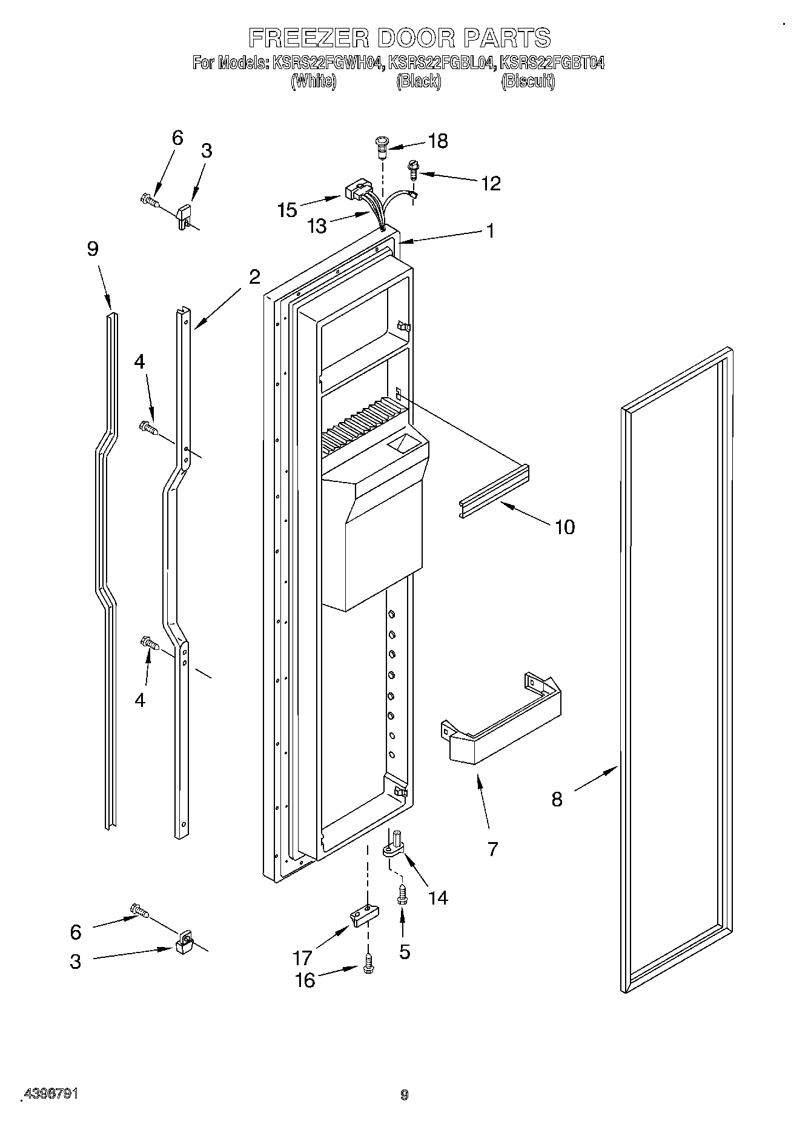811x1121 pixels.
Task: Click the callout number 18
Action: point(437,141)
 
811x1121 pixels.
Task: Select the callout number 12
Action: point(491,183)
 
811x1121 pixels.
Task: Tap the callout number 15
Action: point(287,210)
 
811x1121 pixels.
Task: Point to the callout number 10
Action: point(564,527)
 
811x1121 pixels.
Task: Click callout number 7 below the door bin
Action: point(492,849)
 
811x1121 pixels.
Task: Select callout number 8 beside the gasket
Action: point(557,799)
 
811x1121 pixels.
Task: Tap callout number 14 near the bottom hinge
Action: point(438,897)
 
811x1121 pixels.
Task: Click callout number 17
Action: point(302,958)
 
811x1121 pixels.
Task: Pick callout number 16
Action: point(305,980)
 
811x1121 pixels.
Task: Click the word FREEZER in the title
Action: point(309,38)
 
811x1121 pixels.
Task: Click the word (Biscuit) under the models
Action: point(528,81)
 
